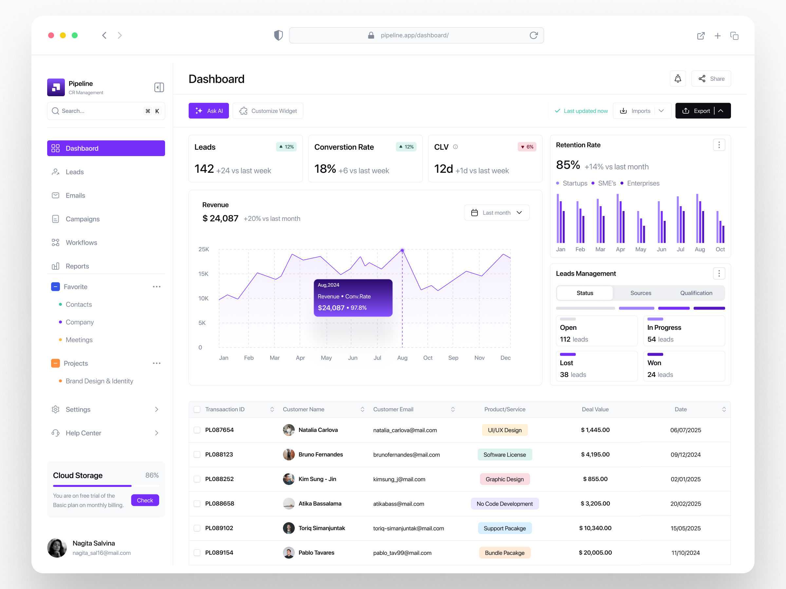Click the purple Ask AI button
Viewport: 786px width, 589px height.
click(x=209, y=111)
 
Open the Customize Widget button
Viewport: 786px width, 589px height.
click(x=268, y=111)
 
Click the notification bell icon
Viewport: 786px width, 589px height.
click(x=678, y=79)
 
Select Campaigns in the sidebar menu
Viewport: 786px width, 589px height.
click(x=83, y=219)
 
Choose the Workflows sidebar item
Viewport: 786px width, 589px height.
click(x=81, y=242)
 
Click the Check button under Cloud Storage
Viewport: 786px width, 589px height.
click(x=145, y=500)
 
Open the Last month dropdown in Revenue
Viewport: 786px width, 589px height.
click(x=496, y=213)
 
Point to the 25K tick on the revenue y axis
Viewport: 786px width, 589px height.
click(x=204, y=249)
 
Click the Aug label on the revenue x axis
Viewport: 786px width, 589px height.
click(x=402, y=358)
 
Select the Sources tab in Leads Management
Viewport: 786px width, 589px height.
click(x=640, y=293)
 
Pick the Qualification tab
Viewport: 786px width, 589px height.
click(x=696, y=293)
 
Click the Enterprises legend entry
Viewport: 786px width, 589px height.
click(x=643, y=183)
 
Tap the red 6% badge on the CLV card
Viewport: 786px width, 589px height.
click(x=527, y=147)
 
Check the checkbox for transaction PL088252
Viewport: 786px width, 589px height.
click(x=197, y=479)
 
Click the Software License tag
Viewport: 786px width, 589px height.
click(x=504, y=455)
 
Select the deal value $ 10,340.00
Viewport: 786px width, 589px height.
click(x=595, y=528)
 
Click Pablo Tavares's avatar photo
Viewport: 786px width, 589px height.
click(x=289, y=552)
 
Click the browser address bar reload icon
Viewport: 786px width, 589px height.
click(x=533, y=35)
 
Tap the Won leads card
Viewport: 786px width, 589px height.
click(x=684, y=366)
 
